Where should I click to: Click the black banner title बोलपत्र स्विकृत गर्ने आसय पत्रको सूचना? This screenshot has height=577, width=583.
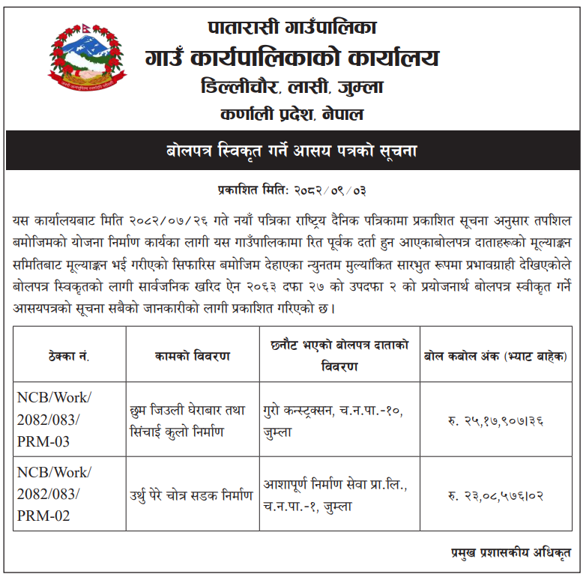click(x=291, y=151)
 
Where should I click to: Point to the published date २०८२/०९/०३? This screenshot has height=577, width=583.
click(x=330, y=190)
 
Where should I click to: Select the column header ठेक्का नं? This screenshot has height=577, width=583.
click(x=69, y=355)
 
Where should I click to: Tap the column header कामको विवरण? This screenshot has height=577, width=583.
click(x=193, y=355)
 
